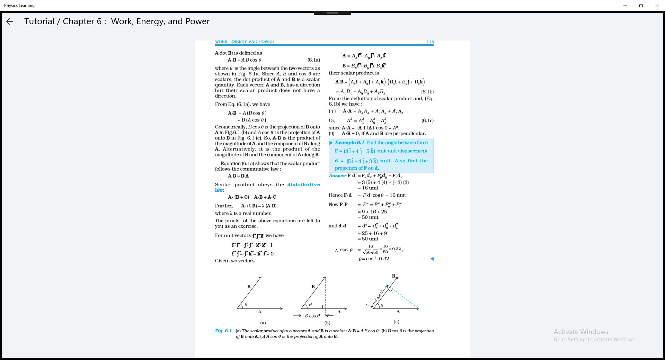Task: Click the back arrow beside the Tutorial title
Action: (10, 21)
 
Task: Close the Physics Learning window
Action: (657, 6)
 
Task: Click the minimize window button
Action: (625, 6)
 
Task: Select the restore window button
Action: (641, 6)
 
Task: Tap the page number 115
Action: (430, 42)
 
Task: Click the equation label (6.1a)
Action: (313, 60)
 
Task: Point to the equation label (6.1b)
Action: (427, 92)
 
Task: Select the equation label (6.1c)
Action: (427, 120)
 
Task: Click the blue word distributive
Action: (303, 184)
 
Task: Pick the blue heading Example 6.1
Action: (349, 143)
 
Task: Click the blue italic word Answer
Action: (337, 175)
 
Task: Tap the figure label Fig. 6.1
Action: (223, 331)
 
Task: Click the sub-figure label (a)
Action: (263, 323)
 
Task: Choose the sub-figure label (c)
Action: (396, 322)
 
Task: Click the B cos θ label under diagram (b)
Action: (312, 316)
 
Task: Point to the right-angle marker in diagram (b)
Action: (323, 307)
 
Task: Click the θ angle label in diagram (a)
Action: (246, 305)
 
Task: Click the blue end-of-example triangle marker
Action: (432, 259)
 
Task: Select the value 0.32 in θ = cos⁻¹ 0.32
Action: (384, 259)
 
